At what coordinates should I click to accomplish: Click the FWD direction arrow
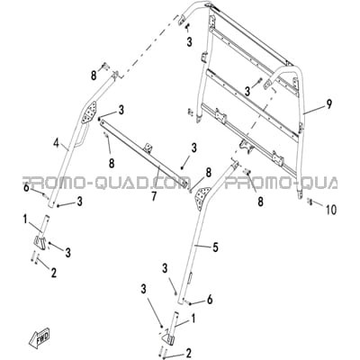[40, 337]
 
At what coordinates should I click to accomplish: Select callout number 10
[331, 210]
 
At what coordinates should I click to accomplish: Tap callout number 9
[329, 104]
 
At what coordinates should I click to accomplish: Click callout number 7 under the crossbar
[154, 196]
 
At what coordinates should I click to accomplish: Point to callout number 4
[56, 143]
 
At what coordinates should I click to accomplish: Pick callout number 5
[215, 247]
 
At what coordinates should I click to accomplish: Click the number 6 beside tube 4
[26, 187]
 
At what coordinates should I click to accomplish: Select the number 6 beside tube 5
[210, 299]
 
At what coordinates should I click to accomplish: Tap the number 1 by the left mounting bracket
[25, 220]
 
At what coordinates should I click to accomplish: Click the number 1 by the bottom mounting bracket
[193, 319]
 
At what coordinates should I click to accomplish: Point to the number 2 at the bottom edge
[188, 353]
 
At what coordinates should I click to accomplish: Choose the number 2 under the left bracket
[54, 273]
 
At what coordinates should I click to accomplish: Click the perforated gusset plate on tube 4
[88, 112]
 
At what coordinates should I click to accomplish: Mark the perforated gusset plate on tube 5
[203, 197]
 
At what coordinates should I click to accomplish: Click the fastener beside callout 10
[310, 202]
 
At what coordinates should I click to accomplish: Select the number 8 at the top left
[94, 75]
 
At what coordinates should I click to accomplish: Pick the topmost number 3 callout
[189, 42]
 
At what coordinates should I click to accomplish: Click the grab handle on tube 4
[82, 137]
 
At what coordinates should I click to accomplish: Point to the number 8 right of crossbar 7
[208, 173]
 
